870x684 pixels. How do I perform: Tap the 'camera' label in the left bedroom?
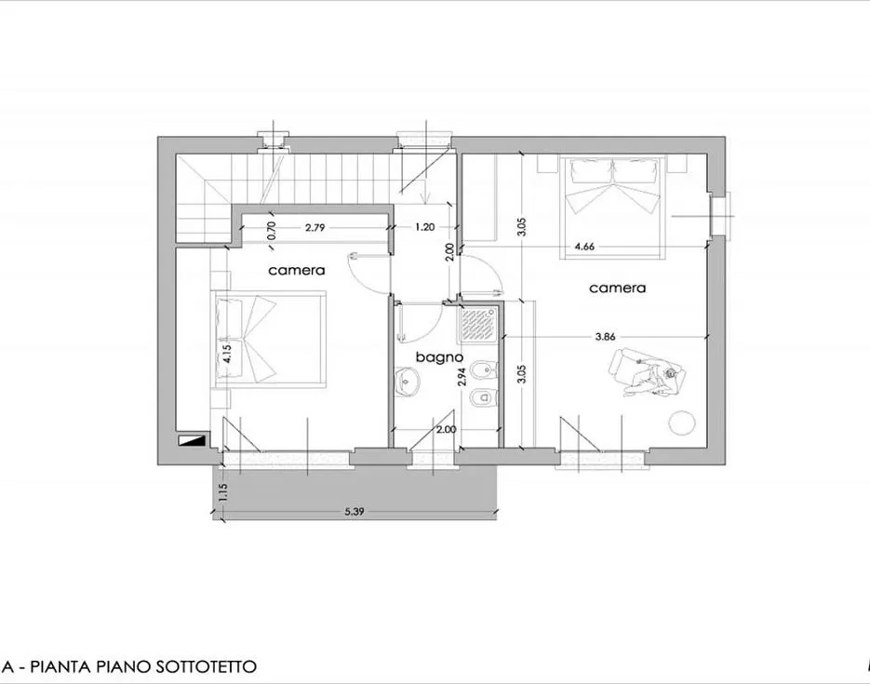[297, 271]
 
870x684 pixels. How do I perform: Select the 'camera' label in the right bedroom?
[617, 288]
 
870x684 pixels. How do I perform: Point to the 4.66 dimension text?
[585, 247]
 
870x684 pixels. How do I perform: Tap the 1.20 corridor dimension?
[424, 226]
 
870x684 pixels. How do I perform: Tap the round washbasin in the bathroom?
[407, 380]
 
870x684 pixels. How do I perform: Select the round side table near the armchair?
[684, 422]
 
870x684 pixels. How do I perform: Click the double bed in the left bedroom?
[270, 340]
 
